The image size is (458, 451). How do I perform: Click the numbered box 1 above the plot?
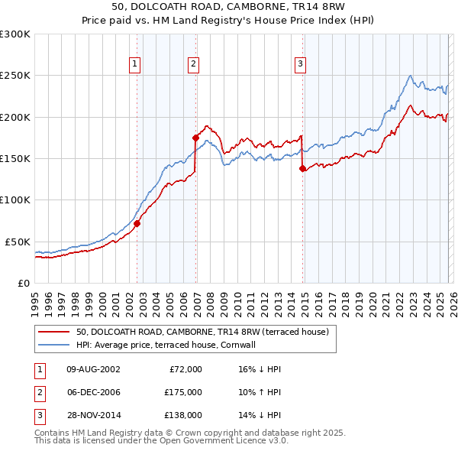134,65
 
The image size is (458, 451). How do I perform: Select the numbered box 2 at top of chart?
194,65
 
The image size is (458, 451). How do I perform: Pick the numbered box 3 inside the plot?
301,65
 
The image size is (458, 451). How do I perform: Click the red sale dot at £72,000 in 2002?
137,224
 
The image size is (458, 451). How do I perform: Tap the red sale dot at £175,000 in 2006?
196,138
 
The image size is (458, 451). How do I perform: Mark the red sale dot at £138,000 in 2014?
303,168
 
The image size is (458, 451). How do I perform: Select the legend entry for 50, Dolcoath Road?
202,332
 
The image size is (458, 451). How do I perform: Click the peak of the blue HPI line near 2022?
411,75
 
